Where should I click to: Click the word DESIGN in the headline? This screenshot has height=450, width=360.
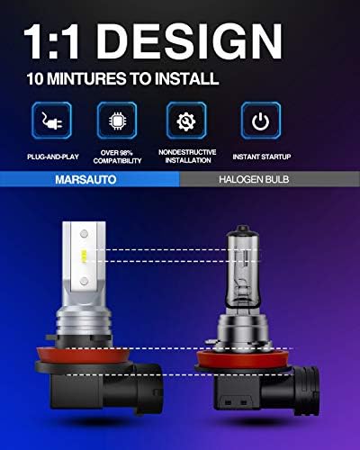coord(189,41)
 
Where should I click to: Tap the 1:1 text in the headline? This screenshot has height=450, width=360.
coord(51,41)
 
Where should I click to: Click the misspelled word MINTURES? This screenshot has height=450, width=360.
coord(86,78)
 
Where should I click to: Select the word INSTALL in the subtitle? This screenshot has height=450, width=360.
coord(186,78)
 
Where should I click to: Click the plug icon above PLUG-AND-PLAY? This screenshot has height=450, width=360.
coord(51,121)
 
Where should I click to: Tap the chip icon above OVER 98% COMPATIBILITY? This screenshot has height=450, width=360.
coord(117,121)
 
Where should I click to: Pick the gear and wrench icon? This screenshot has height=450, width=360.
coord(186,121)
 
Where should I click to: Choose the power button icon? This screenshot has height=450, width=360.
coord(261,121)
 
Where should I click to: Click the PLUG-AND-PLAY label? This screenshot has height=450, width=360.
coord(53,157)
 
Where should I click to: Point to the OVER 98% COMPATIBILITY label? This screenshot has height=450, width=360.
coord(117,157)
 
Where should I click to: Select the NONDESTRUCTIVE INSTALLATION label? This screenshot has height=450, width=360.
coord(187,157)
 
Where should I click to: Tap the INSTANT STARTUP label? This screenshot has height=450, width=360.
coord(262,157)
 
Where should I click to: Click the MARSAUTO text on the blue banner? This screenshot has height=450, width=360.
coord(85,179)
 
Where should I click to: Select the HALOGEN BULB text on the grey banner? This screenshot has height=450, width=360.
coord(254,179)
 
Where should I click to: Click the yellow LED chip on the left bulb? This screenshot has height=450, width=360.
coord(84,256)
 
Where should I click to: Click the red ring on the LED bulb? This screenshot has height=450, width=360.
coord(83,356)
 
